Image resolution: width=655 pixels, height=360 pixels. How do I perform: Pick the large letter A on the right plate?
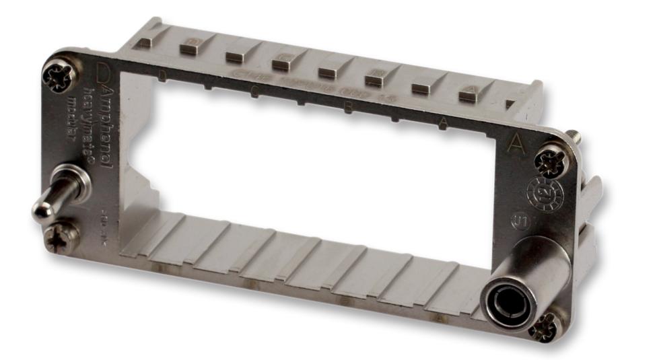pos(516,143)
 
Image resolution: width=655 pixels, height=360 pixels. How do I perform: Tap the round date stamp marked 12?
pos(543,192)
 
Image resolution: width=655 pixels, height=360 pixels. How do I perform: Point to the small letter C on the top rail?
pos(253,93)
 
